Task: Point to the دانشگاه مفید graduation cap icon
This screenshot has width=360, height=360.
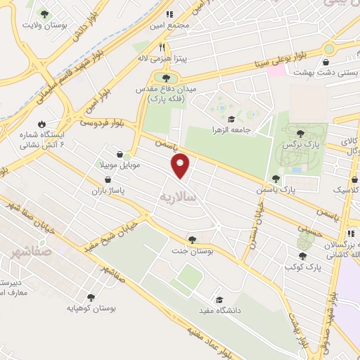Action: (x=219, y=298)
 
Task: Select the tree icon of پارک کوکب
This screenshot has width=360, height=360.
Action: (x=302, y=255)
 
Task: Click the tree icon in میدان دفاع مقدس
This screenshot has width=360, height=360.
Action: (x=166, y=78)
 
